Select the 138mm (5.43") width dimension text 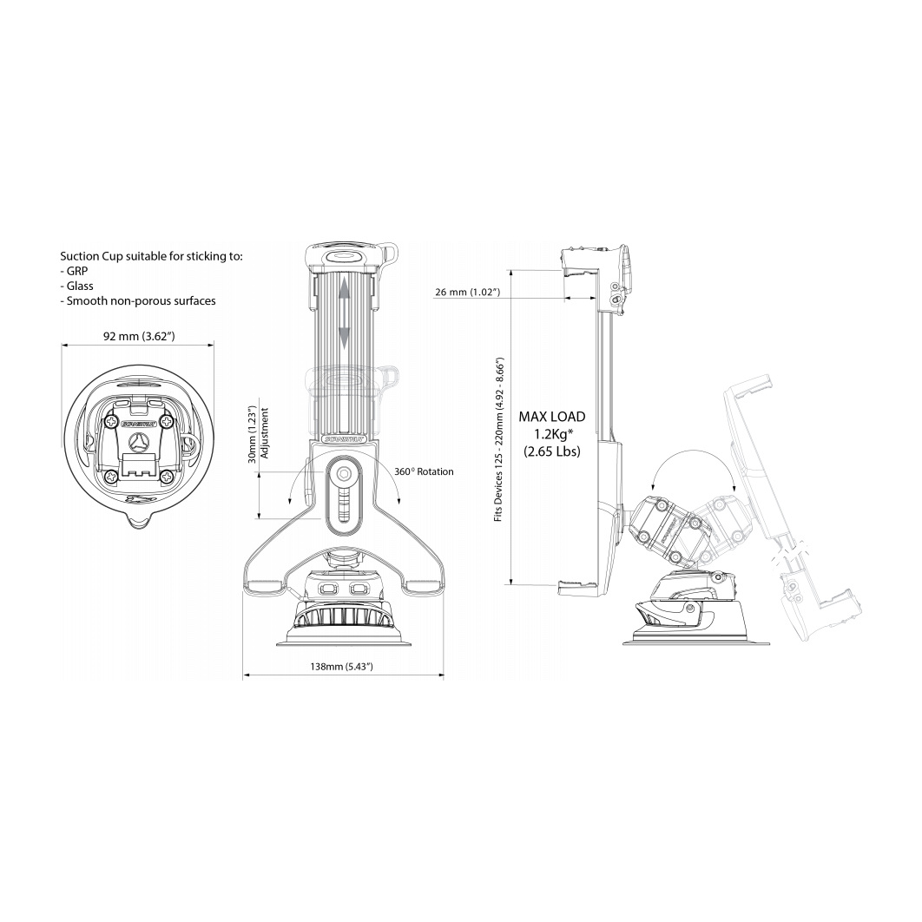343,666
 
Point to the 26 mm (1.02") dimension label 467,293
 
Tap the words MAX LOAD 552,417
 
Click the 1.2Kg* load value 552,434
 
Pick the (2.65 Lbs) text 552,451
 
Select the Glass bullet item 76,286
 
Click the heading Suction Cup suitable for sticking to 151,256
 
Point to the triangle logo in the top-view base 138,441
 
